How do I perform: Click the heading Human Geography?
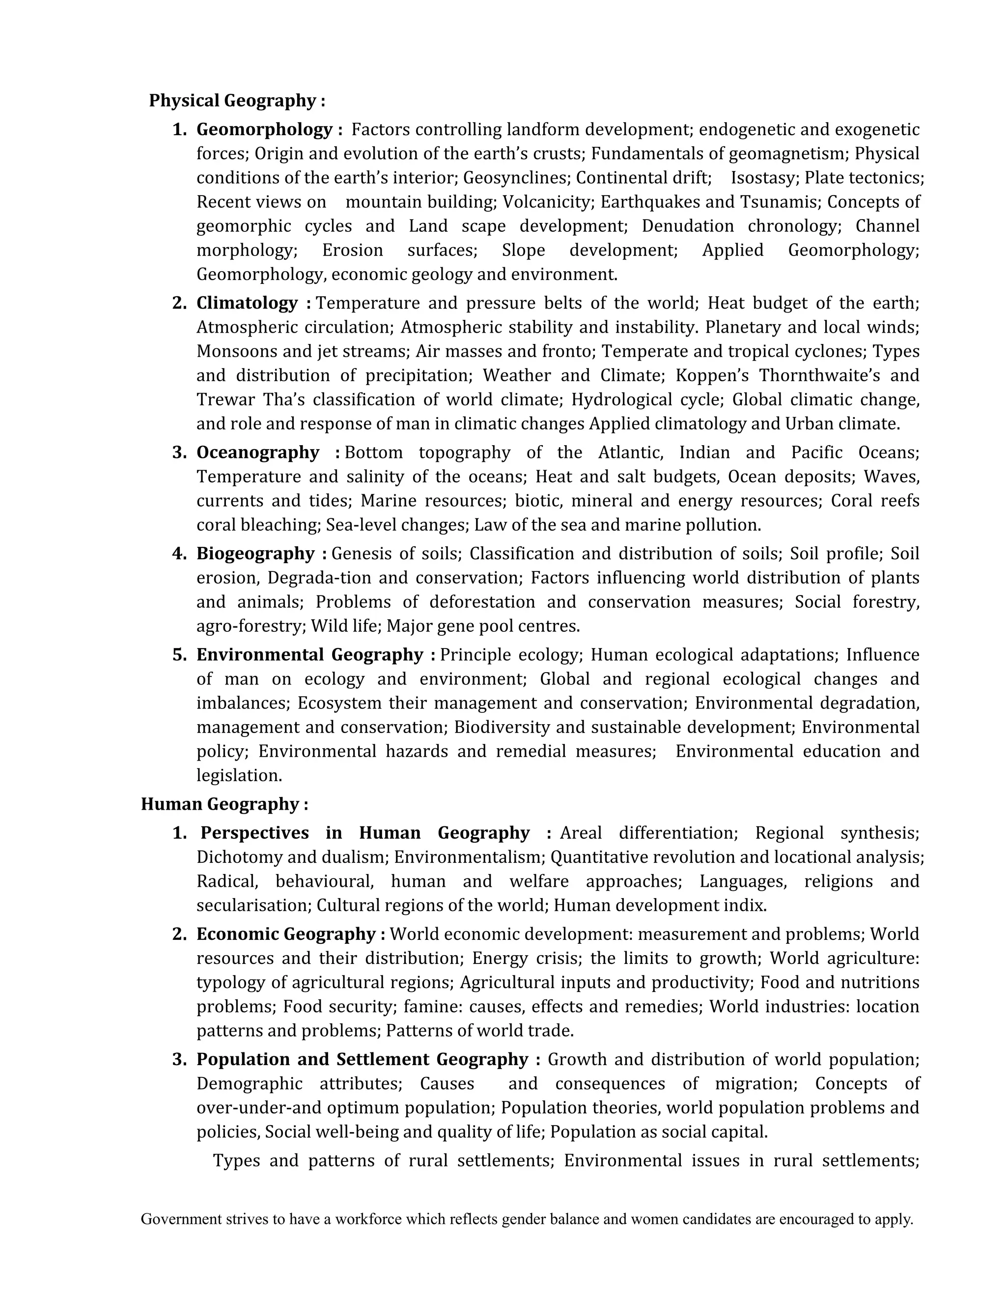[x=224, y=804]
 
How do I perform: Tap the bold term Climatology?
[x=247, y=303]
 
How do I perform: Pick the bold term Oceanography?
[x=258, y=453]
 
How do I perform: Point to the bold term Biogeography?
[x=255, y=554]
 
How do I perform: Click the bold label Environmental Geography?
[x=310, y=654]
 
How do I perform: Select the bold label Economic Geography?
[x=286, y=934]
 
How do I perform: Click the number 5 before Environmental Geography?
[x=179, y=655]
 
